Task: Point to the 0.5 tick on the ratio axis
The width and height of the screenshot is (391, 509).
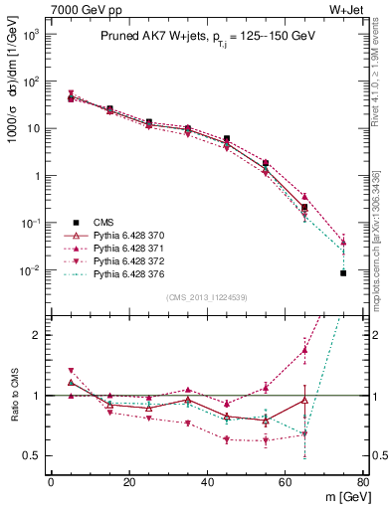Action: (x=34, y=456)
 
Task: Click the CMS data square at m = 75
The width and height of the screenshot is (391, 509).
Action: (x=342, y=272)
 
